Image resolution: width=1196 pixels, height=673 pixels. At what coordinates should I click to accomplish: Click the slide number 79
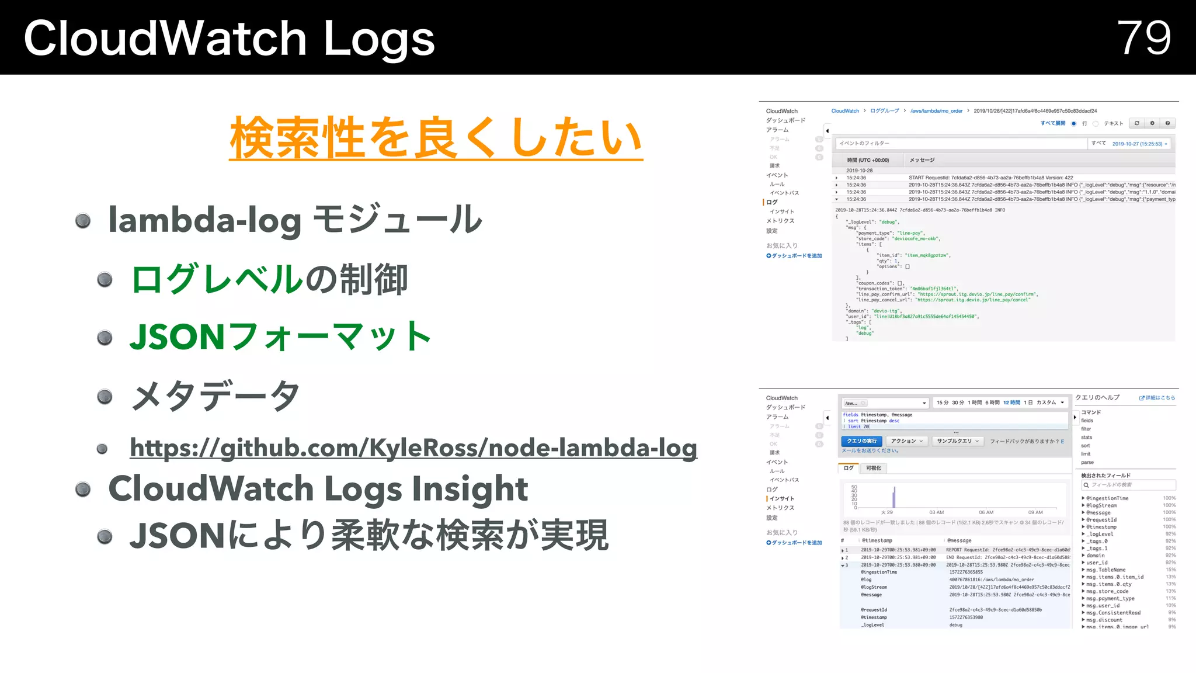pyautogui.click(x=1143, y=38)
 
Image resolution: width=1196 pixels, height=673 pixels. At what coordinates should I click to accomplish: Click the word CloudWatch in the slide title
pyautogui.click(x=165, y=39)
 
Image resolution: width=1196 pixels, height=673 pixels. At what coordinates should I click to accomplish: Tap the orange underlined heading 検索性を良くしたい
pyautogui.click(x=436, y=138)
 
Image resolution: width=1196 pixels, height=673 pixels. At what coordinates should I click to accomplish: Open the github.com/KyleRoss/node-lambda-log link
pyautogui.click(x=413, y=448)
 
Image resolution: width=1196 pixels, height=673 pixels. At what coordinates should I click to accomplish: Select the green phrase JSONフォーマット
pyautogui.click(x=280, y=337)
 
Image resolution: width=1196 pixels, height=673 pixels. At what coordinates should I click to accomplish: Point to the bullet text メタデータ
pyautogui.click(x=215, y=397)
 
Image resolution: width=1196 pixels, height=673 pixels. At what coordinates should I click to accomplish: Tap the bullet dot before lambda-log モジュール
pyautogui.click(x=83, y=220)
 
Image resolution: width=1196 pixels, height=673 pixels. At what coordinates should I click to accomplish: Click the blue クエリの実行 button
pyautogui.click(x=862, y=441)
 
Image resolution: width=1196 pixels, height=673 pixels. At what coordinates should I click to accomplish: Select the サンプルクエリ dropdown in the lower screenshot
pyautogui.click(x=958, y=441)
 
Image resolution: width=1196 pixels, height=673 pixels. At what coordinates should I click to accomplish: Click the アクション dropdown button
pyautogui.click(x=906, y=441)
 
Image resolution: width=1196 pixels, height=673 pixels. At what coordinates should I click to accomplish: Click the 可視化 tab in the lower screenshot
pyautogui.click(x=874, y=468)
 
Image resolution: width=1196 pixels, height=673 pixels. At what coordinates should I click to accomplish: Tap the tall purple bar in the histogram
pyautogui.click(x=894, y=497)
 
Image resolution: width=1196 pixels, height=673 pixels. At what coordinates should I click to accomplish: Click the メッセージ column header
pyautogui.click(x=922, y=160)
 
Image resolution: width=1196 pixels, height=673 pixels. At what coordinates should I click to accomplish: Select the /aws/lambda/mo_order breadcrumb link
pyautogui.click(x=936, y=111)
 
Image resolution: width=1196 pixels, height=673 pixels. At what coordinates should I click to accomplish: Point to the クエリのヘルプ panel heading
pyautogui.click(x=1097, y=398)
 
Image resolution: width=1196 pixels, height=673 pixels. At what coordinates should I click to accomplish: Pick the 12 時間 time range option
pyautogui.click(x=1011, y=403)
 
